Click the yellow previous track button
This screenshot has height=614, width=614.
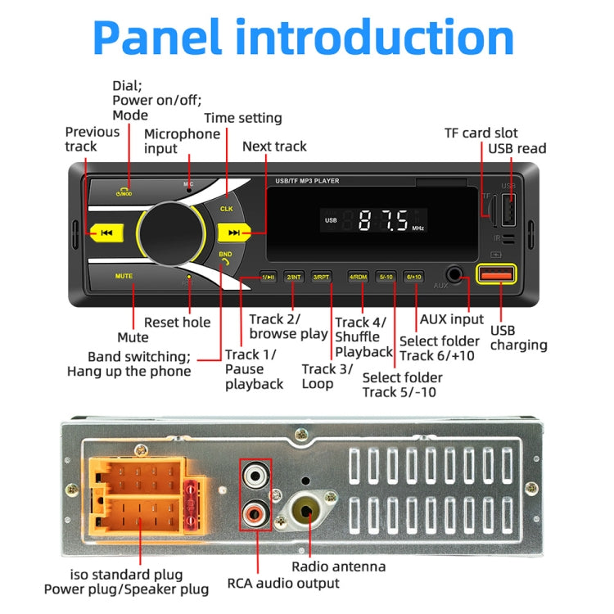click(106, 233)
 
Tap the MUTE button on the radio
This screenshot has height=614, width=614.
click(124, 277)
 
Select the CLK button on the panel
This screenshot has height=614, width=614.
click(227, 209)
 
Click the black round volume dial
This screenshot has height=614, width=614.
click(173, 233)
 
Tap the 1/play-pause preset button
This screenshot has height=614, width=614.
click(268, 278)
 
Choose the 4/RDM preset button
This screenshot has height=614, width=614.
click(358, 278)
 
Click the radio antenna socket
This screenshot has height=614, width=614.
click(304, 512)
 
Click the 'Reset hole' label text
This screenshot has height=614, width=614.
click(177, 323)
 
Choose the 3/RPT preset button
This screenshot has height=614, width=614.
click(321, 278)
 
